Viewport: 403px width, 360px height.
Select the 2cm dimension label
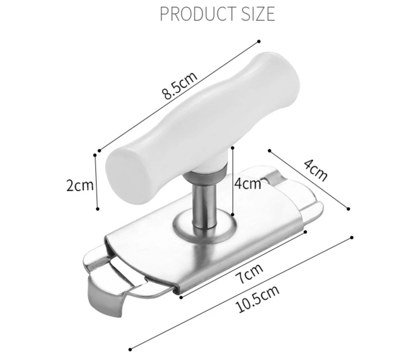click(x=80, y=185)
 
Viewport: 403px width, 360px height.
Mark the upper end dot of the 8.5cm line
click(x=259, y=41)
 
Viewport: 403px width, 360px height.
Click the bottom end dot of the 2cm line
click(x=97, y=209)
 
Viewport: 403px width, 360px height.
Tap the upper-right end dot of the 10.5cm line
click(x=352, y=238)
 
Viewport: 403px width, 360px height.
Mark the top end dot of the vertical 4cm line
click(x=233, y=147)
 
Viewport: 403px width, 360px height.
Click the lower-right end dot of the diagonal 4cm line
click(x=348, y=208)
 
